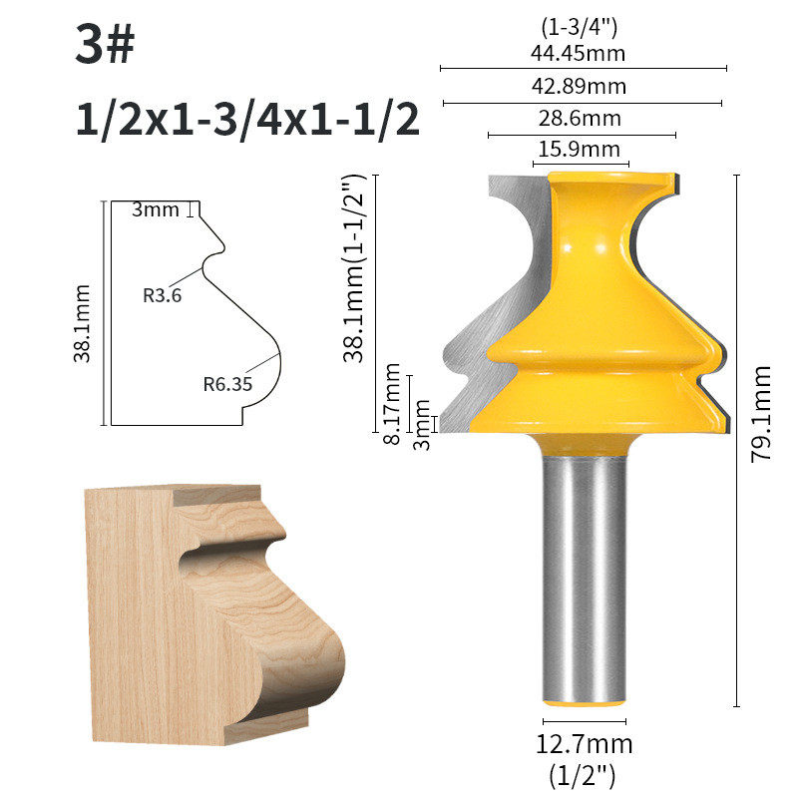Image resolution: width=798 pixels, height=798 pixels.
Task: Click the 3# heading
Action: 105,44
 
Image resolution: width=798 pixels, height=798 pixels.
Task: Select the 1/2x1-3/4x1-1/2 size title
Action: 247,120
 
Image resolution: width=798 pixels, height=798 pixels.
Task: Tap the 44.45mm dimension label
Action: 578,53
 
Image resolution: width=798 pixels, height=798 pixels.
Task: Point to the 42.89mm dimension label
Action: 579,86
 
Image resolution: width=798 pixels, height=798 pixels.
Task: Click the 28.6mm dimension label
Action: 580,118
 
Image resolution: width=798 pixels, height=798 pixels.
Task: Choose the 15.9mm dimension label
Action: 580,149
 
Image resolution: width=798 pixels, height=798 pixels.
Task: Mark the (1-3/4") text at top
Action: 579,27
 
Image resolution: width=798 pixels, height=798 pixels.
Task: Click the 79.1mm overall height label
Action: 761,414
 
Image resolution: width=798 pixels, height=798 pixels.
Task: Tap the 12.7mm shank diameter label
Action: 585,744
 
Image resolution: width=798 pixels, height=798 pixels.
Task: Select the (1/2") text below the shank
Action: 583,776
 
